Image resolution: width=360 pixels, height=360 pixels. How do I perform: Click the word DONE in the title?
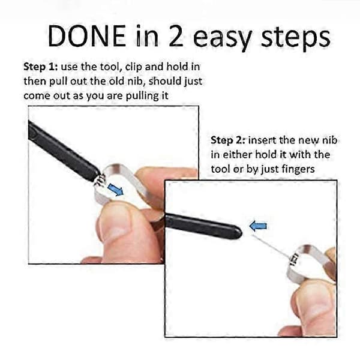pos(87,36)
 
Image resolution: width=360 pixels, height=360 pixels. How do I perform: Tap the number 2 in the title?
pos(176,36)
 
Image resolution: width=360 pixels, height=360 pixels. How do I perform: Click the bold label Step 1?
pos(41,67)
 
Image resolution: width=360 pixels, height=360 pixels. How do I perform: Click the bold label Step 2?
pos(228,140)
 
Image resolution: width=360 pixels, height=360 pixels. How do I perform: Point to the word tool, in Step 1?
pos(109,67)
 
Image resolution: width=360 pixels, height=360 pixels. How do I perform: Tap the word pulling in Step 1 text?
pos(140,96)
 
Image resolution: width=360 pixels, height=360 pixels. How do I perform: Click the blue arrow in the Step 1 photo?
pos(115,190)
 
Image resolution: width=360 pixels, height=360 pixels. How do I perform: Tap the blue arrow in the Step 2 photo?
pos(258,226)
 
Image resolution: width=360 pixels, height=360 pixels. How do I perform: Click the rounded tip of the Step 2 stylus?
pos(238,232)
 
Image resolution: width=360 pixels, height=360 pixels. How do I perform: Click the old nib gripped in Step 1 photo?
pos(100,179)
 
